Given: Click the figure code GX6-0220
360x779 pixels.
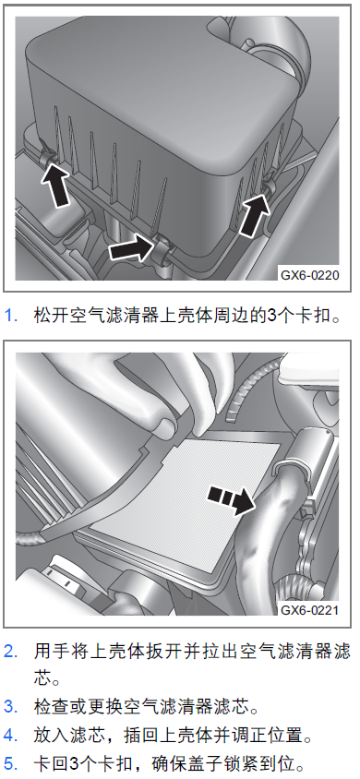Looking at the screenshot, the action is tap(310, 275).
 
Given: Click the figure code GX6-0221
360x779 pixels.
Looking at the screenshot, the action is tap(310, 609).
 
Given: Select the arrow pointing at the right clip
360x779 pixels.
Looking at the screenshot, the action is tap(255, 215).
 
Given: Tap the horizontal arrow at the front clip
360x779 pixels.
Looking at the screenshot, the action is tap(130, 248).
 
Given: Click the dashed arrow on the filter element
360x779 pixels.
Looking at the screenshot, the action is tap(231, 498).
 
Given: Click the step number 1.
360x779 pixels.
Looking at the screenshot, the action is tap(11, 315).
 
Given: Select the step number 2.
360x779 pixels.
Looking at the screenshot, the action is tap(11, 652).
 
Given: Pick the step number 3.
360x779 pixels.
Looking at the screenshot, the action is tap(11, 706).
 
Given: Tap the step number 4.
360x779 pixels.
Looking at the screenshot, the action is tap(11, 735).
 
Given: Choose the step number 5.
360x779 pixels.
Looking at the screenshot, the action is tap(11, 763).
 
